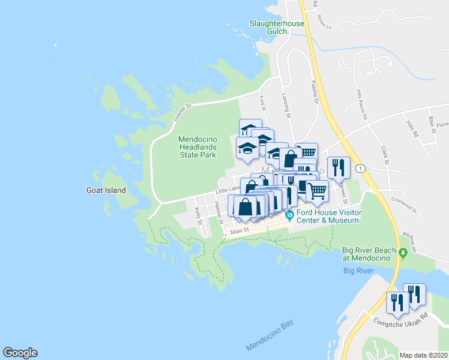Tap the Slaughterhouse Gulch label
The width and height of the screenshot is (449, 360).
click(277, 28)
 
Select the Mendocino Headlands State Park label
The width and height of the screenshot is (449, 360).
click(197, 147)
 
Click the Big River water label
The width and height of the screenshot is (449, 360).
click(358, 271)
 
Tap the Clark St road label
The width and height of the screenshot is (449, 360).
click(385, 154)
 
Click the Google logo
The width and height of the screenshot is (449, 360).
click(20, 353)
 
